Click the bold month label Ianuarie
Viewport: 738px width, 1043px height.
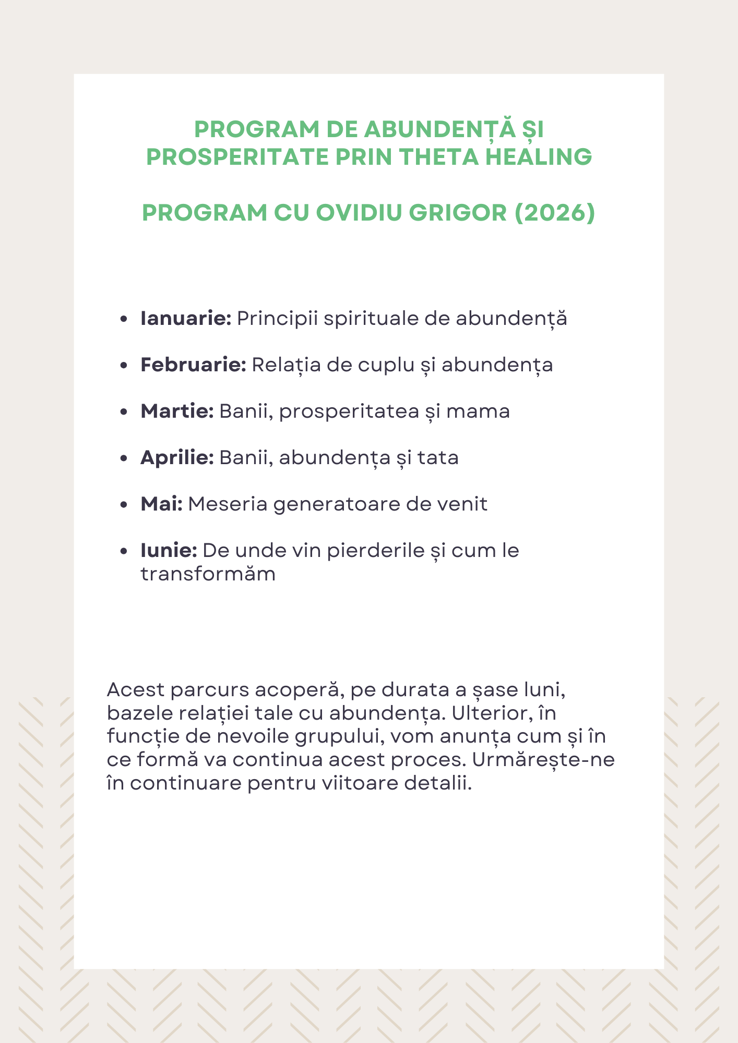click(x=186, y=319)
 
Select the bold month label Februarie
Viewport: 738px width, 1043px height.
click(x=193, y=365)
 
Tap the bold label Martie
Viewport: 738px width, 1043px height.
click(x=177, y=411)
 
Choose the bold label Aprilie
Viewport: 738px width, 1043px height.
click(x=177, y=458)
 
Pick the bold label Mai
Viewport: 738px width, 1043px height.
click(x=161, y=504)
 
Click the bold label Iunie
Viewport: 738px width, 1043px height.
click(x=169, y=551)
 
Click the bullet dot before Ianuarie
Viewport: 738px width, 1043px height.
click(x=124, y=319)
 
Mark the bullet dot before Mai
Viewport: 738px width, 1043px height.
click(x=124, y=505)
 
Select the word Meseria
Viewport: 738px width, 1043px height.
click(x=228, y=504)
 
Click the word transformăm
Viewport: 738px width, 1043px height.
click(x=208, y=574)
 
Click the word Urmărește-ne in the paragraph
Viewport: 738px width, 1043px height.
click(x=543, y=760)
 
